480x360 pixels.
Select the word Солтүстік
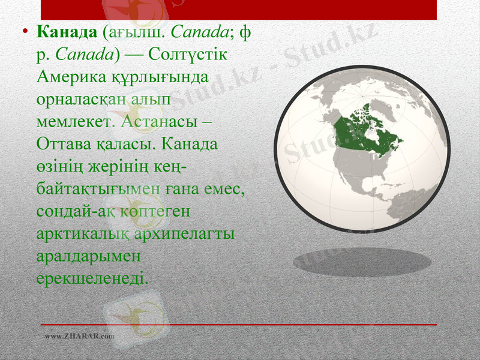tap(190, 54)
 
